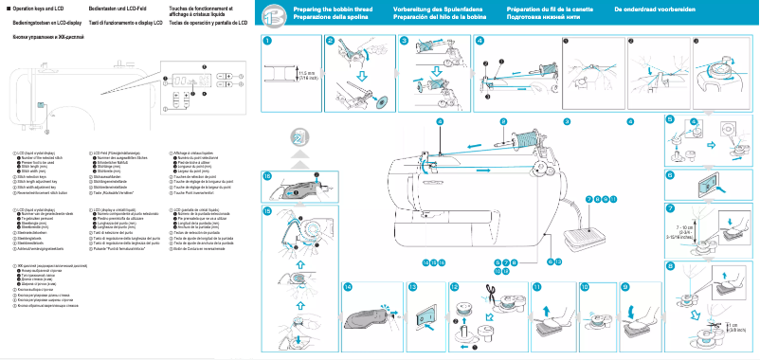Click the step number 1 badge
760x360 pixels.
point(268,41)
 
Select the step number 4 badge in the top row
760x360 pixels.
point(480,41)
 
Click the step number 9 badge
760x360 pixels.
point(625,285)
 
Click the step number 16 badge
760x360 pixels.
point(268,175)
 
